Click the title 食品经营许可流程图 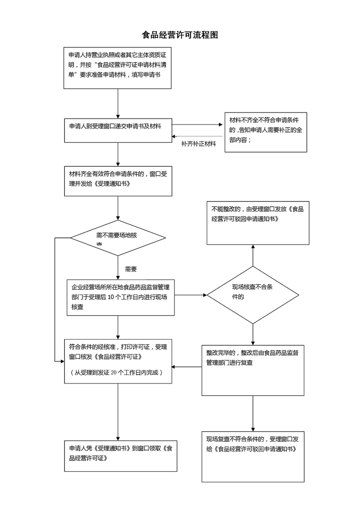[x=180, y=35]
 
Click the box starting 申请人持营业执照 [x=117, y=68]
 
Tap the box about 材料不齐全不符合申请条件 [x=265, y=133]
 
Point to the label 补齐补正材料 [x=198, y=144]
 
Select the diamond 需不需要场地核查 [x=117, y=238]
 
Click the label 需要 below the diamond [x=131, y=269]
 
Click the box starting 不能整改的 [x=258, y=223]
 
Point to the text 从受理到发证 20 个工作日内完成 [x=116, y=373]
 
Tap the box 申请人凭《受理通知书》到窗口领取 [x=120, y=455]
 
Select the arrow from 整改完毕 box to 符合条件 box [x=187, y=367]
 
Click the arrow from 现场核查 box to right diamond [x=191, y=295]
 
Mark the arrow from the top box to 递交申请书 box [x=117, y=103]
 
